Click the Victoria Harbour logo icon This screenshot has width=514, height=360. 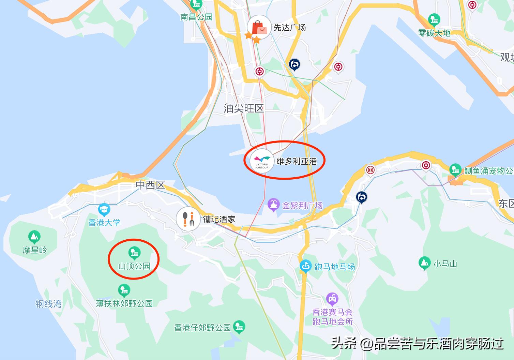coord(262,161)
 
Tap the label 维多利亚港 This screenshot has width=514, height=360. coord(296,161)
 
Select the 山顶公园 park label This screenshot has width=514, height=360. coord(134,266)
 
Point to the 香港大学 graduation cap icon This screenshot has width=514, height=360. coord(104,209)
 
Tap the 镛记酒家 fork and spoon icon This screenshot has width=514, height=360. coord(188,219)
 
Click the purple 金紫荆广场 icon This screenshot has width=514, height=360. coord(273,205)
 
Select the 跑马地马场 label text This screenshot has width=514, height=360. coord(334,267)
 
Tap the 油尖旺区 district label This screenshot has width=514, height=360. coord(244,109)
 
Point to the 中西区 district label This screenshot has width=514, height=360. coord(150,185)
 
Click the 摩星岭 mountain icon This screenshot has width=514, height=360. coord(34,237)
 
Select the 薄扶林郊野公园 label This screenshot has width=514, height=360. coord(124,303)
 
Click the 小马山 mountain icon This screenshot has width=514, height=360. coord(424,263)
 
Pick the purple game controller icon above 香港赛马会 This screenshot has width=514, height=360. coord(332,299)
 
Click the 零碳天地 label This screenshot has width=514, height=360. coord(434,33)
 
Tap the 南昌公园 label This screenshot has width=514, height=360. coord(196,17)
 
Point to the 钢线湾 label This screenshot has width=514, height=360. coord(48,304)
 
